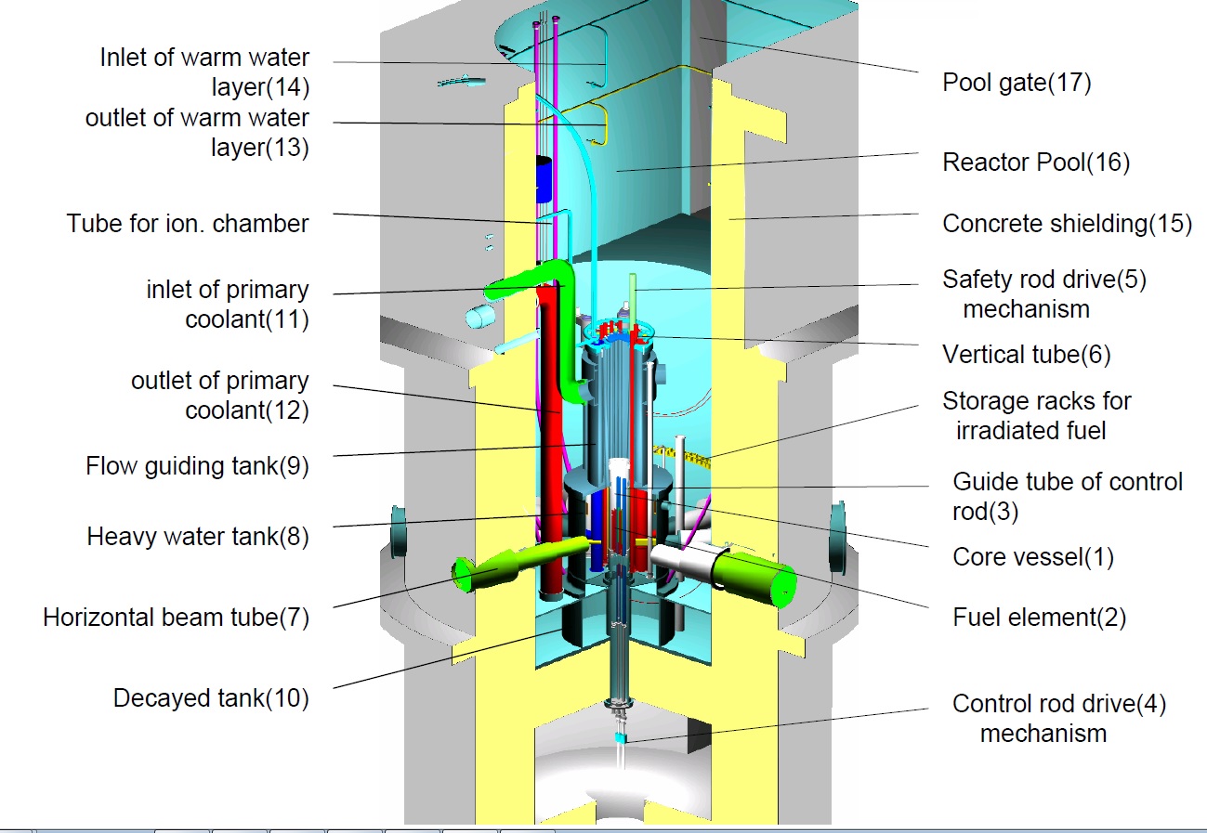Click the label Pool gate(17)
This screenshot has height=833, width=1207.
point(1017,83)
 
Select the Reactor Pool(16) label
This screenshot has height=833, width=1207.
point(1036,163)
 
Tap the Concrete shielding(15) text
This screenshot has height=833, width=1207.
point(1067,224)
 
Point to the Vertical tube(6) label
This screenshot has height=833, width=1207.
point(1026,354)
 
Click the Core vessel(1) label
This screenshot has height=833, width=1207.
point(1032,557)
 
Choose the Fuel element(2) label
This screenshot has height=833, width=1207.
point(1039,618)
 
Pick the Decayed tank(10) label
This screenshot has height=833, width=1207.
point(211,697)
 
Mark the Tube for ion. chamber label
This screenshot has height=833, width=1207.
point(187,224)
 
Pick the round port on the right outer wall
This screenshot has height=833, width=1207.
point(837,529)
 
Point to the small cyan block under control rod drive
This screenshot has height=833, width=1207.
point(622,737)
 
